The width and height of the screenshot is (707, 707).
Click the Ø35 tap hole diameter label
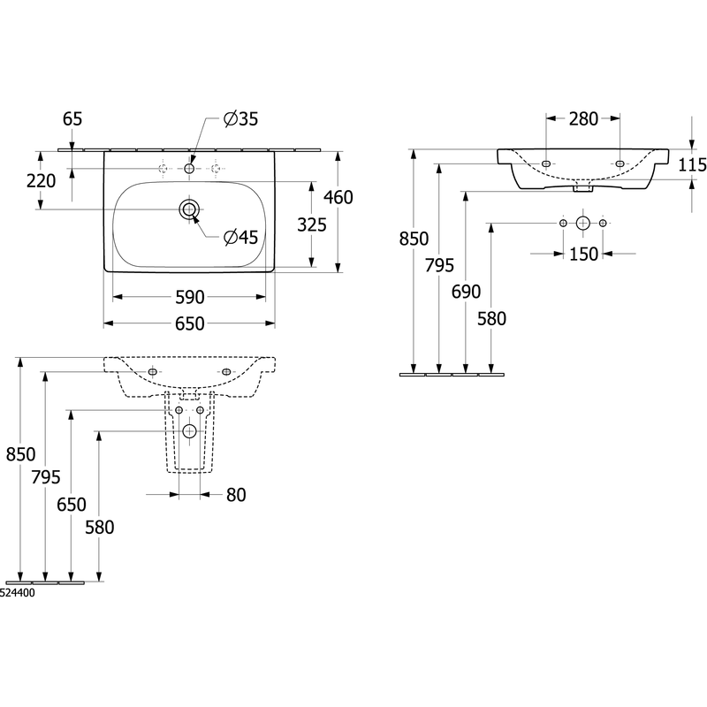pyautogui.click(x=240, y=119)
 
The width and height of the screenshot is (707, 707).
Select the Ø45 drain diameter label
pyautogui.click(x=240, y=237)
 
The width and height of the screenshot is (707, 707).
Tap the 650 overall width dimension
pyautogui.click(x=189, y=323)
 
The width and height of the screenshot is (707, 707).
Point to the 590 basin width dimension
pyautogui.click(x=189, y=297)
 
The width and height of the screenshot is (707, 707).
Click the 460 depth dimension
pyautogui.click(x=338, y=197)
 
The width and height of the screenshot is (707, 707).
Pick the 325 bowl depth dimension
pyautogui.click(x=312, y=224)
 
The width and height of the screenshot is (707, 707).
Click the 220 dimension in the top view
pyautogui.click(x=41, y=181)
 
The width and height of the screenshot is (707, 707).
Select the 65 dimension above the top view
pyautogui.click(x=72, y=119)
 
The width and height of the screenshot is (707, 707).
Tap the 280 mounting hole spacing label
pyautogui.click(x=583, y=119)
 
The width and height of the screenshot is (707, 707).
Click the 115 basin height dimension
pyautogui.click(x=693, y=165)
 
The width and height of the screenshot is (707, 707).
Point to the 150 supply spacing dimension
pyautogui.click(x=583, y=255)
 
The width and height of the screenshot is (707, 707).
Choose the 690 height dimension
pyautogui.click(x=467, y=292)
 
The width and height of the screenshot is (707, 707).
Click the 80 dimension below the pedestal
pyautogui.click(x=236, y=495)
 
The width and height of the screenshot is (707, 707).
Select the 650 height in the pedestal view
pyautogui.click(x=72, y=505)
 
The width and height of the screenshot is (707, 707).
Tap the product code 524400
pyautogui.click(x=17, y=593)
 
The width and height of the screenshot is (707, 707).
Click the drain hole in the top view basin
pyautogui.click(x=189, y=209)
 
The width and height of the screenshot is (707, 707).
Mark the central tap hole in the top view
pyautogui.click(x=189, y=169)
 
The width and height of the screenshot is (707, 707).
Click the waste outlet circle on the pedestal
pyautogui.click(x=189, y=431)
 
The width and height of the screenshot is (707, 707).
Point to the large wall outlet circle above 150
pyautogui.click(x=583, y=223)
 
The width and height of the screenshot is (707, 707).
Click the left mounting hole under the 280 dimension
pyautogui.click(x=546, y=163)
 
